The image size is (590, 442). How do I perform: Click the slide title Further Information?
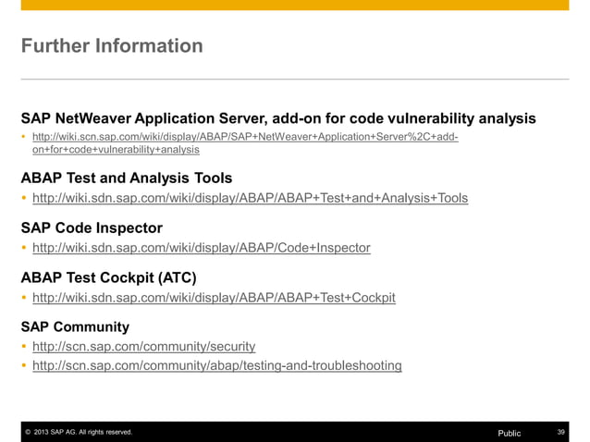click(x=112, y=45)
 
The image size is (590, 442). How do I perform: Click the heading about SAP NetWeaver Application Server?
click(x=278, y=118)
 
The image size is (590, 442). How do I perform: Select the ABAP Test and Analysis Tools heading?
click(x=126, y=177)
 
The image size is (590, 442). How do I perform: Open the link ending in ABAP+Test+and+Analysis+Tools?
click(x=250, y=198)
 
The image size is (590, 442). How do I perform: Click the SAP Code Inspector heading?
click(x=92, y=227)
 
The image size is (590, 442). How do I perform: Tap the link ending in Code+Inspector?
click(x=201, y=248)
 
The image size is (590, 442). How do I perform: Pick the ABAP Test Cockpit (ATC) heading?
click(x=108, y=276)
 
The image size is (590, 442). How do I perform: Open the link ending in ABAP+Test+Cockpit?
click(x=214, y=298)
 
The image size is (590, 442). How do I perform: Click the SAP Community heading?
click(x=75, y=326)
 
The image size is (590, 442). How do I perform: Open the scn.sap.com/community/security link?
click(x=143, y=347)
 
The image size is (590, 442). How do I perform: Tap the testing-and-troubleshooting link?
click(x=216, y=366)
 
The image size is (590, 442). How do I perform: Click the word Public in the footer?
click(x=510, y=433)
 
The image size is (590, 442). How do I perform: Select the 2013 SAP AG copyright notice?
click(x=79, y=433)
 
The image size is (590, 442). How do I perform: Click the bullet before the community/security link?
click(x=24, y=347)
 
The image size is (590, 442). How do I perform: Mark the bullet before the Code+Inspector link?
click(x=24, y=248)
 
